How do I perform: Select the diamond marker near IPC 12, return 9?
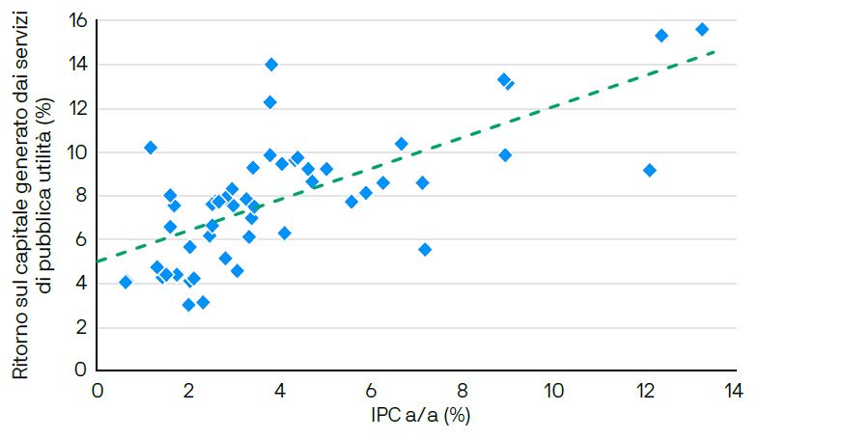tap(649, 170)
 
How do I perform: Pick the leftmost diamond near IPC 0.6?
tap(126, 282)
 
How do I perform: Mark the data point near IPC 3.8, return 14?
tap(271, 65)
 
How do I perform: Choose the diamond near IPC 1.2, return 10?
tap(151, 148)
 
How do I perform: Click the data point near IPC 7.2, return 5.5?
tap(425, 249)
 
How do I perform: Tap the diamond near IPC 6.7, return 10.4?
tap(402, 144)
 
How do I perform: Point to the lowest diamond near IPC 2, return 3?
tap(189, 305)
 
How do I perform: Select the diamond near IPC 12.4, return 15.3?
tap(662, 36)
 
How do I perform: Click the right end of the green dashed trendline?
tap(714, 51)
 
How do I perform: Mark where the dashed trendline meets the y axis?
tap(98, 261)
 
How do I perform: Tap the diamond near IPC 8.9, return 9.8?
tap(505, 154)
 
